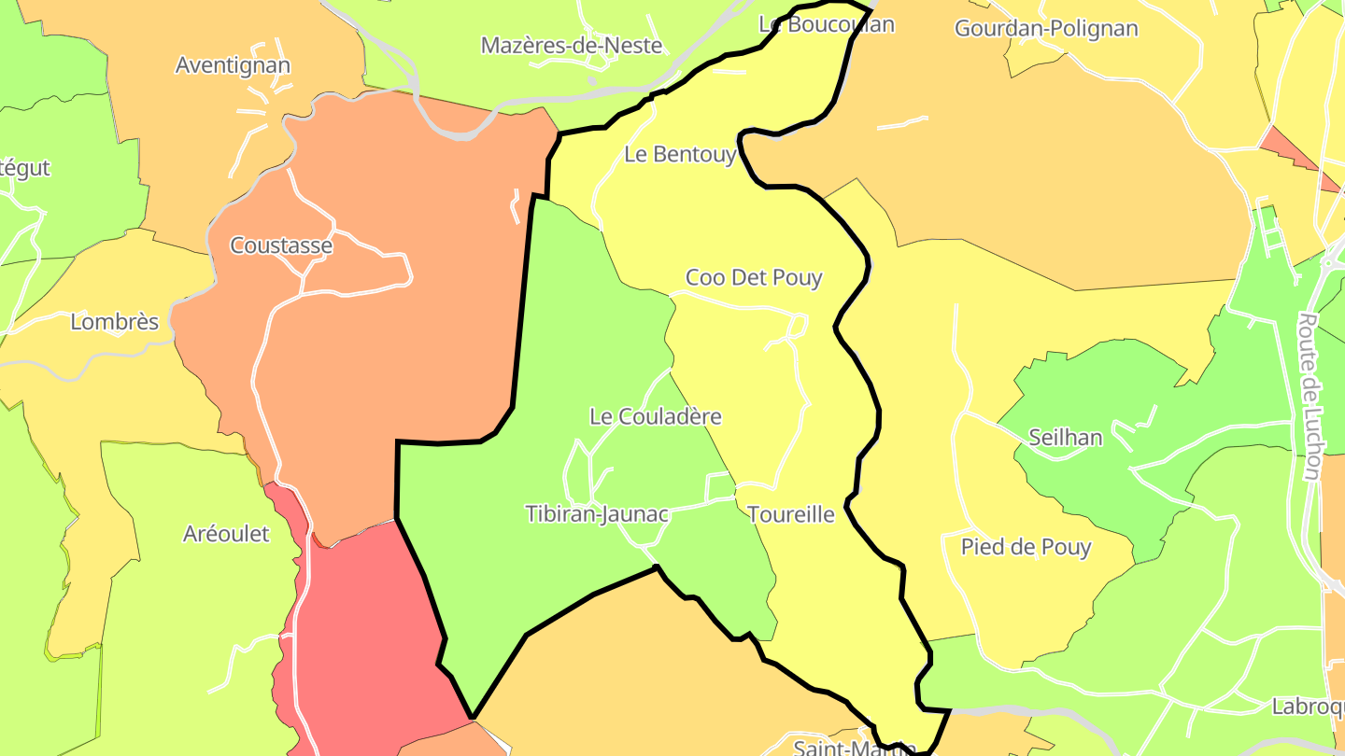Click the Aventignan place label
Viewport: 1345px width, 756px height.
tap(233, 65)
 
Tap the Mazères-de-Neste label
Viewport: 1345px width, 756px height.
tap(571, 45)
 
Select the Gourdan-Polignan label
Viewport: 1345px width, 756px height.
tap(1046, 28)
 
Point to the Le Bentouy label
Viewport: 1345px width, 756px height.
tap(680, 154)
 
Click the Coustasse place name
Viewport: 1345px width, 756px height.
tap(281, 245)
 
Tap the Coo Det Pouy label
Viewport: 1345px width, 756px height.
tap(754, 277)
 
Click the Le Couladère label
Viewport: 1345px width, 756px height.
tap(656, 416)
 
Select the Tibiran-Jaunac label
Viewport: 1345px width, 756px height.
tap(597, 513)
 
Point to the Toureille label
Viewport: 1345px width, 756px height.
tap(790, 514)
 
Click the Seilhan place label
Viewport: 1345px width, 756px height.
tap(1065, 437)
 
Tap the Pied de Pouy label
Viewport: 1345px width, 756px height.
tap(1026, 547)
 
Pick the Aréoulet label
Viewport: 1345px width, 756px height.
tap(226, 534)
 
